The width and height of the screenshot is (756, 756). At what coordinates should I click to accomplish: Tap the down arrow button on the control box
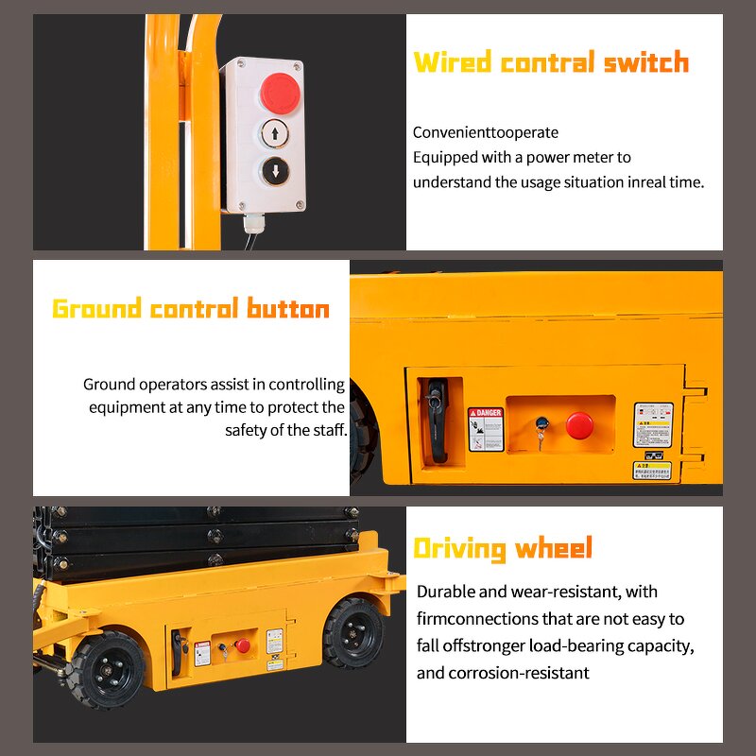click(275, 172)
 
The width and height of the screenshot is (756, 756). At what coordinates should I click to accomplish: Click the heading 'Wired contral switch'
click(551, 63)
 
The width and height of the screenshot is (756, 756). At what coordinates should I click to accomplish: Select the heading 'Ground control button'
click(191, 309)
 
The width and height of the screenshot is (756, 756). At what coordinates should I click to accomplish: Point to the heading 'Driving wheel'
click(503, 548)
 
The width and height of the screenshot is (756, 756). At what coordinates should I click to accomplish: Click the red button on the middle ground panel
click(579, 425)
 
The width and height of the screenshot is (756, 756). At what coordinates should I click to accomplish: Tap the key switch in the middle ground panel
click(541, 427)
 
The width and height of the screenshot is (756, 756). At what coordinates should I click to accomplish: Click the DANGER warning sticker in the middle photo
click(486, 429)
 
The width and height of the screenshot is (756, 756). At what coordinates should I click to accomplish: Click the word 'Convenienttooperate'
click(486, 132)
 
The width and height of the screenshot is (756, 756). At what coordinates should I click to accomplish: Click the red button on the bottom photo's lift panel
click(243, 645)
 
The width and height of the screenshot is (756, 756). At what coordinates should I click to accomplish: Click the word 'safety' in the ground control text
click(246, 430)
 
